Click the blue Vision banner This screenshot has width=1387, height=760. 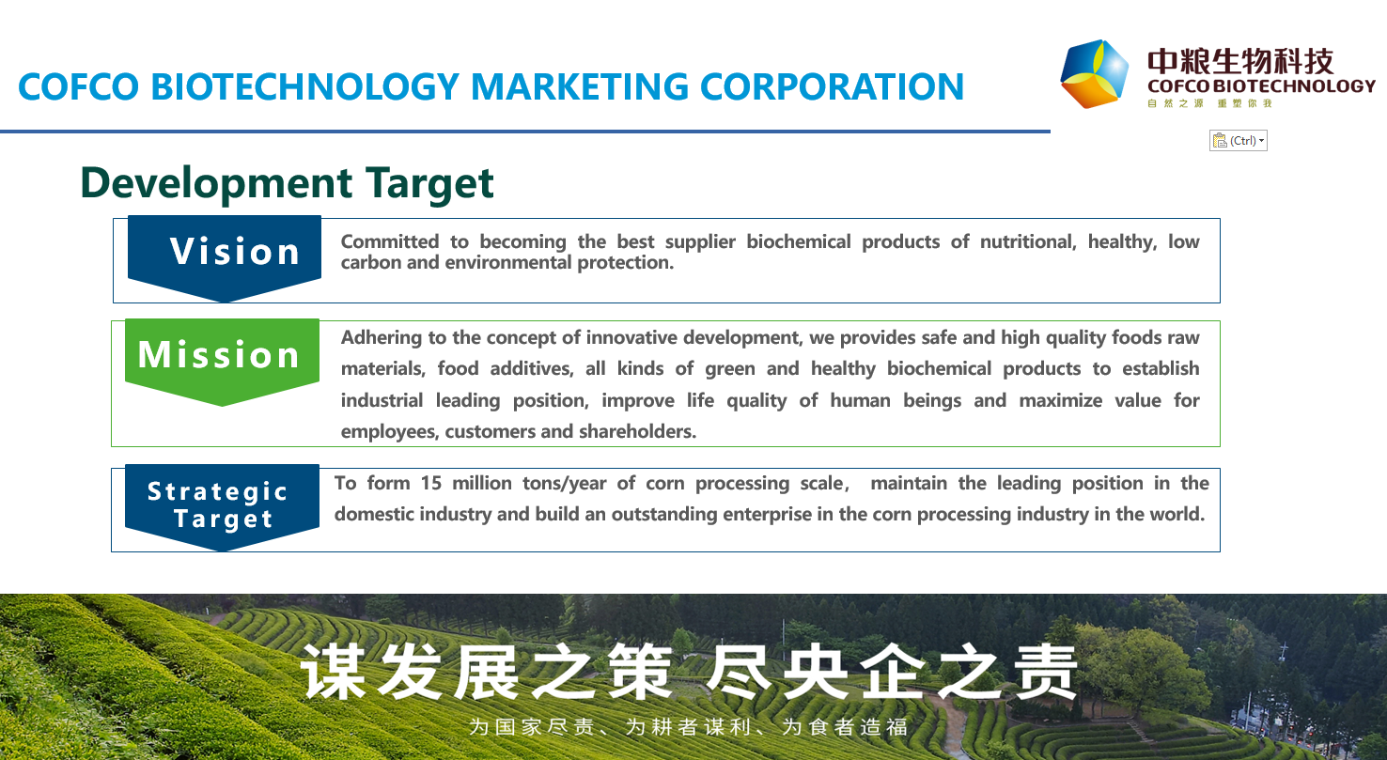225,256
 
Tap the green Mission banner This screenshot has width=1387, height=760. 222,360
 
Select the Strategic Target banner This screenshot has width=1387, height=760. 222,506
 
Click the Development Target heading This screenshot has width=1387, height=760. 287,183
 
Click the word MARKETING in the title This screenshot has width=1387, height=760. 580,86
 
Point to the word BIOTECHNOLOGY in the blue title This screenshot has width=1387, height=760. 304,86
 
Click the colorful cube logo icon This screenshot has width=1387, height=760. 1094,74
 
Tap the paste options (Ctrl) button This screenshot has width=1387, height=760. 1239,141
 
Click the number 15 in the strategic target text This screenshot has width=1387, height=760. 431,483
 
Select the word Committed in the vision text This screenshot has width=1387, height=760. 389,241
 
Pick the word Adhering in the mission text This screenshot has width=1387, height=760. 382,338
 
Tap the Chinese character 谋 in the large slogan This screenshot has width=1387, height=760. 334,672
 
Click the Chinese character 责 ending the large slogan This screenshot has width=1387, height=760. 1048,672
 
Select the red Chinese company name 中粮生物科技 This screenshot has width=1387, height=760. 1240,61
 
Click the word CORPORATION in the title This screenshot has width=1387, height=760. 833,86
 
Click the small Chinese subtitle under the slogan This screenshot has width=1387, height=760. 689,726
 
